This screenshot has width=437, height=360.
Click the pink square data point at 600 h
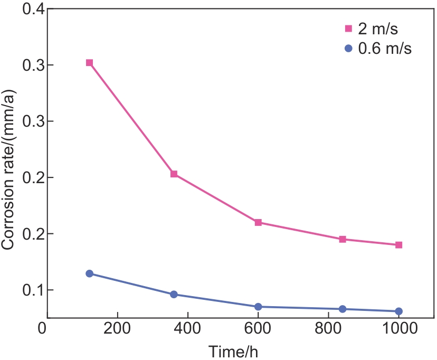pos(258,222)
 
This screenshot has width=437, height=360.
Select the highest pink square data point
pos(89,63)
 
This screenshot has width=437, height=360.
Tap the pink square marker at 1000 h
pos(399,245)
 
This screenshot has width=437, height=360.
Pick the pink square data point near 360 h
pos(174,174)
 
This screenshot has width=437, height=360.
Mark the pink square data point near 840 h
pos(343,239)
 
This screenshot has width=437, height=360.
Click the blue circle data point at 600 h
pos(258,307)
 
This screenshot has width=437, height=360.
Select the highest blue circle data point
pos(89,273)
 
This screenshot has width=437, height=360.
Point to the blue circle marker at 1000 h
pos(399,311)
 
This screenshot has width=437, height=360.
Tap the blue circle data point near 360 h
pos(174,295)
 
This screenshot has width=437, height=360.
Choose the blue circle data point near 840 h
pos(343,309)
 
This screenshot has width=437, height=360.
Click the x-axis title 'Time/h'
pos(233,351)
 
